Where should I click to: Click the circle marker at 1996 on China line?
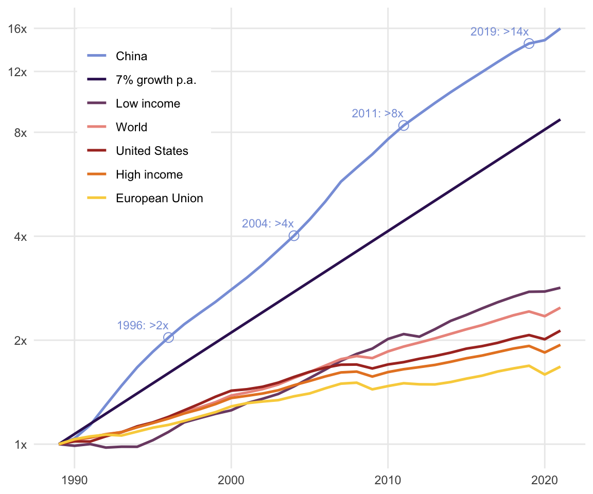click(168, 338)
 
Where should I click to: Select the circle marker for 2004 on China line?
click(294, 236)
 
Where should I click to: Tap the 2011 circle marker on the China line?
click(404, 126)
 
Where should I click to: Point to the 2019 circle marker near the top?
click(529, 43)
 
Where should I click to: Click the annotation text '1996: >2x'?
click(143, 325)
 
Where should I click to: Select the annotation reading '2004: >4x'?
click(268, 224)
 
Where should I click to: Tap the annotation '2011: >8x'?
click(377, 114)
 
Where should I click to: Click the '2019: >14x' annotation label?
click(499, 32)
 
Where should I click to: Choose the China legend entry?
click(131, 56)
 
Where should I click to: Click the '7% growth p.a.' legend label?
click(156, 80)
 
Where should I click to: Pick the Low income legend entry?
click(148, 103)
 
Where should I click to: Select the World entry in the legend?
click(131, 127)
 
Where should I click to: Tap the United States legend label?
click(152, 151)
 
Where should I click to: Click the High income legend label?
click(149, 174)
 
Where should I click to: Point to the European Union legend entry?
click(160, 198)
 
